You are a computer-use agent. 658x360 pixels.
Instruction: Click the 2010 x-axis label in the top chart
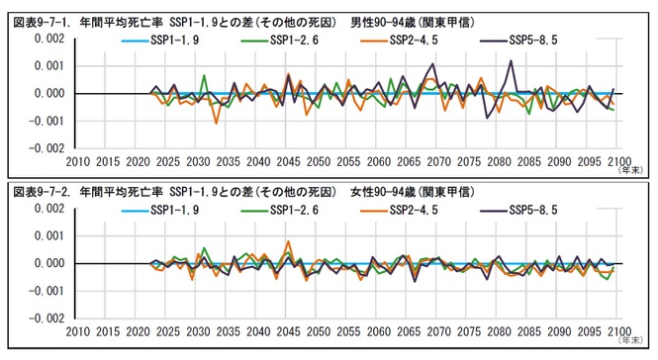pos(77,161)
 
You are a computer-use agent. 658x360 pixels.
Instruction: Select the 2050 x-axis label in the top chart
pos(318,161)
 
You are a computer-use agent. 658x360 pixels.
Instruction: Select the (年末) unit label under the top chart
pos(630,171)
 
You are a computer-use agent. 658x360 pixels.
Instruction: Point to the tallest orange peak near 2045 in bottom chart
pos(288,241)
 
